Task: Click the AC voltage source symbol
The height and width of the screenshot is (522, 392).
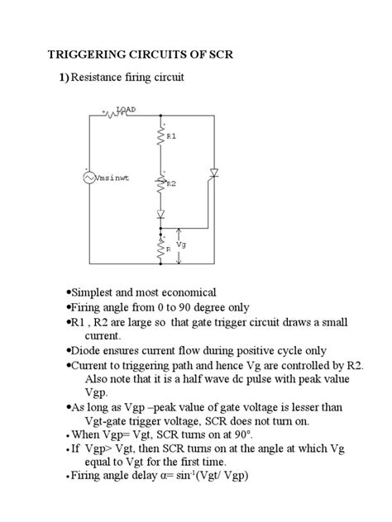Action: [x=89, y=177]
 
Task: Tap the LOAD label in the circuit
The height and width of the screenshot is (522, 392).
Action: [x=127, y=109]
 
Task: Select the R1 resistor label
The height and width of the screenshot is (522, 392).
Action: [x=172, y=134]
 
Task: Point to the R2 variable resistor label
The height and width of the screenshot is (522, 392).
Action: [x=171, y=184]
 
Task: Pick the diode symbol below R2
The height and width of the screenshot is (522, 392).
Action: [x=161, y=213]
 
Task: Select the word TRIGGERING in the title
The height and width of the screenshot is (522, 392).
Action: [x=87, y=55]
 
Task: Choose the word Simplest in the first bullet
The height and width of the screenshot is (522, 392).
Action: [x=92, y=293]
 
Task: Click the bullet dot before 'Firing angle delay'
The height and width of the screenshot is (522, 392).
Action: [x=65, y=477]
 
